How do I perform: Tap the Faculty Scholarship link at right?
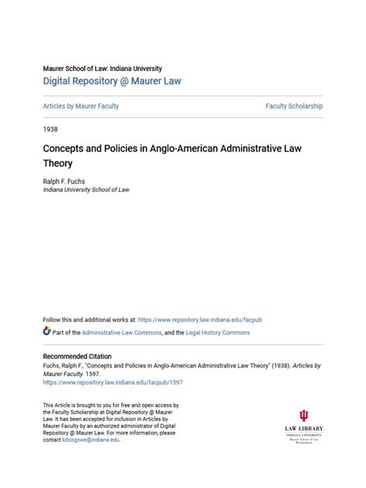tap(293, 106)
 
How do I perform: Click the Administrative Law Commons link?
tap(118, 332)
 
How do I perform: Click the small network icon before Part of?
tap(47, 331)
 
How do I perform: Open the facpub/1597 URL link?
tap(113, 381)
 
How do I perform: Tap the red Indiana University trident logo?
tap(303, 416)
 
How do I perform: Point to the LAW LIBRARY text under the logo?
tap(303, 429)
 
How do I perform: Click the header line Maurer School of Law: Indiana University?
tap(102, 68)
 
